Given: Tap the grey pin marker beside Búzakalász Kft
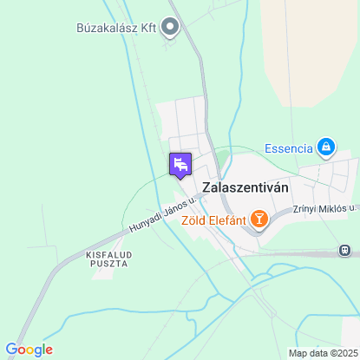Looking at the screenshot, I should coord(170,28).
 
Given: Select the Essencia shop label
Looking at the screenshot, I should coord(288,147).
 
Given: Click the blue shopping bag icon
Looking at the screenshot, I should coord(326,147).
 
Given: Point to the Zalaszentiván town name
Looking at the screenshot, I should coord(245,187).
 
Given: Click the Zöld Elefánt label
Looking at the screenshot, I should coord(212,219).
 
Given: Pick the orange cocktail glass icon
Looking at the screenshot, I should coord(259,219).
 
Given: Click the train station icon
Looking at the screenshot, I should coord(346,252).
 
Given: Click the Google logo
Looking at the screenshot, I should coord(29,350).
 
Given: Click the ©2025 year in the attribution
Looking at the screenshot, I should coord(341,353).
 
